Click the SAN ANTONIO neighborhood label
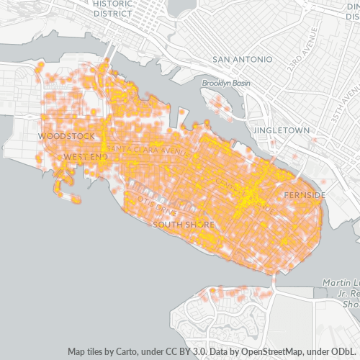point(242,59)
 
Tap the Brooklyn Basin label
point(226,84)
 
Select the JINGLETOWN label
point(282,130)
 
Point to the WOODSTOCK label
point(66,135)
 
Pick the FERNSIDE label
point(304,195)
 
